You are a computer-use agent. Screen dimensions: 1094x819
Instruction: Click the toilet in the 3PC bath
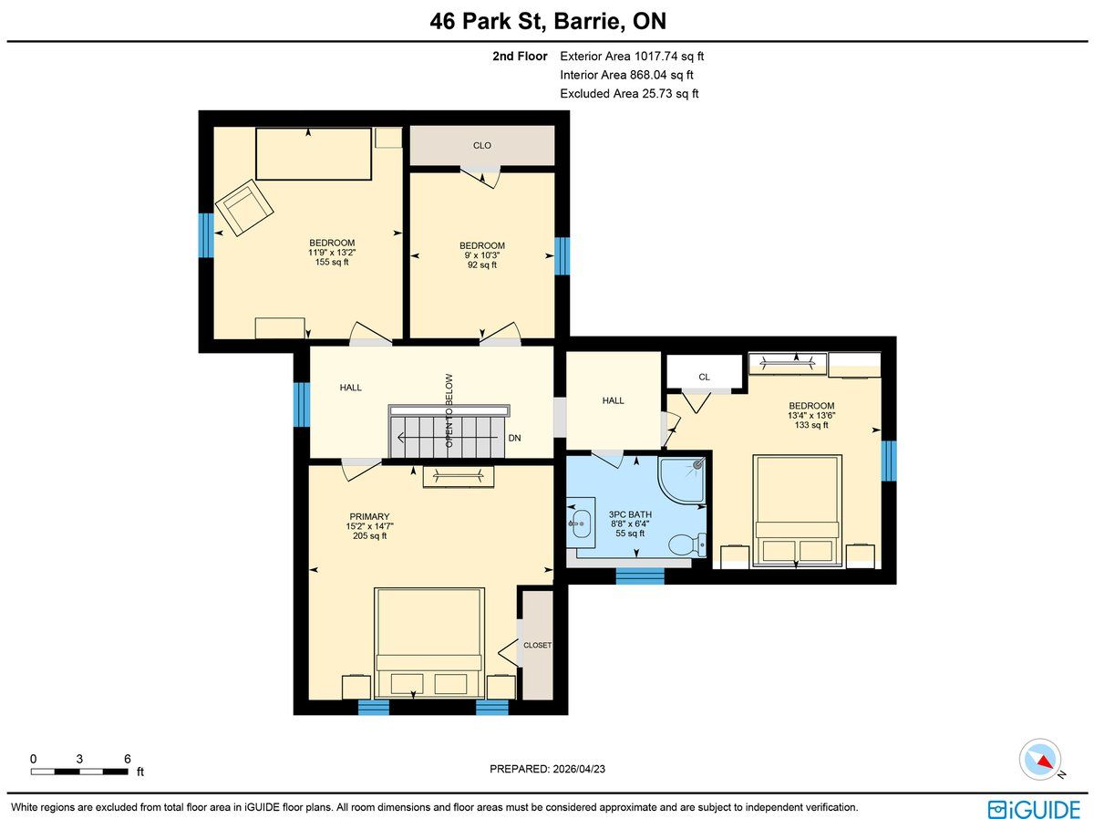(686, 544)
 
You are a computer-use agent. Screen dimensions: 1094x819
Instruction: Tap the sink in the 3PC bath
(581, 524)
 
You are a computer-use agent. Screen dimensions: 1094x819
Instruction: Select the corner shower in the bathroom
(681, 480)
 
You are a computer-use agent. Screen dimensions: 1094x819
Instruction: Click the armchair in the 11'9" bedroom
(244, 207)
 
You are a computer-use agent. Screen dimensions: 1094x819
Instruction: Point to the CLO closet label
(482, 146)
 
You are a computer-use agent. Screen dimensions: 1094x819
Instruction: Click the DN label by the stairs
(514, 438)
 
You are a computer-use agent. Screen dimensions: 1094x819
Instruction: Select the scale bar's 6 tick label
(127, 759)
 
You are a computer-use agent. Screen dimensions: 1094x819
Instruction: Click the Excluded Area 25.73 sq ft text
(629, 94)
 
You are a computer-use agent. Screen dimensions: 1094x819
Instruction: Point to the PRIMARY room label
(369, 516)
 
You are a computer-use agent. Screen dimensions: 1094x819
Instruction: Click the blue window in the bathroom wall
(640, 576)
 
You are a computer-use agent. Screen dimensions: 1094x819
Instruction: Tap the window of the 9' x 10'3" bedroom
(562, 255)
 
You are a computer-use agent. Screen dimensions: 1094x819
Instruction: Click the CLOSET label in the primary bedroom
(537, 645)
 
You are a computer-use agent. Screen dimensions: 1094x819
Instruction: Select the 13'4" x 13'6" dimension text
(811, 415)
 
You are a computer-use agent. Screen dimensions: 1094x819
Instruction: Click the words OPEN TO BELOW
(449, 410)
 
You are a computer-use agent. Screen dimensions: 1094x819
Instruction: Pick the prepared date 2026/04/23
(579, 769)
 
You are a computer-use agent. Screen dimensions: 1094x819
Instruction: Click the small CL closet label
(704, 377)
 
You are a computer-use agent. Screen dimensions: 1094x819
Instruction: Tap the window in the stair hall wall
(302, 405)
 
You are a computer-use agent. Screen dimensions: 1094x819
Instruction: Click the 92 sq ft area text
(482, 264)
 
